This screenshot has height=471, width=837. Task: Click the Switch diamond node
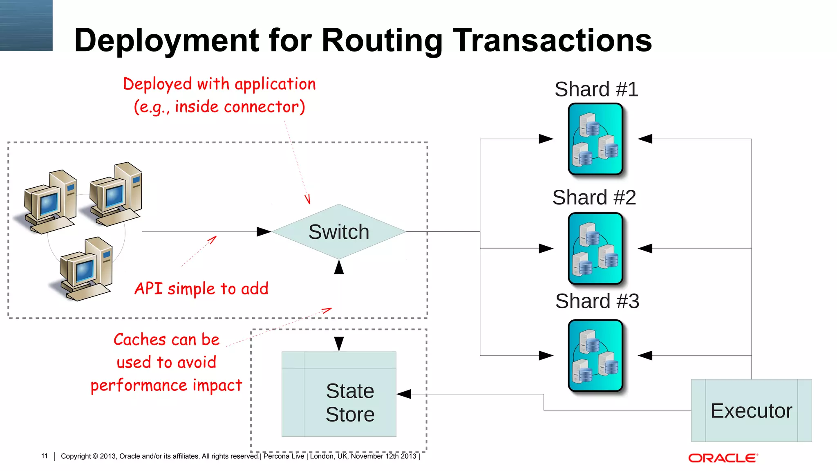pos(339,232)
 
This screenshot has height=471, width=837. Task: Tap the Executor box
pos(751,410)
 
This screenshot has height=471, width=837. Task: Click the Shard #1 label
pos(596,89)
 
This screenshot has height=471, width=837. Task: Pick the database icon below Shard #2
pos(595,249)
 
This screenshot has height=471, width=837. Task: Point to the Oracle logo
pos(723,458)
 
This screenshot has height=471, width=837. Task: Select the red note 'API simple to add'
pos(201,289)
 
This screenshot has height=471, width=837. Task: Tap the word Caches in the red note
pos(139,340)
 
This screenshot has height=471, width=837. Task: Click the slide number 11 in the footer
pos(45,456)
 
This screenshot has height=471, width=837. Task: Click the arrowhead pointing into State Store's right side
pos(404,394)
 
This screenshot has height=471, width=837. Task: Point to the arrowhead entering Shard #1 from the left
pos(546,139)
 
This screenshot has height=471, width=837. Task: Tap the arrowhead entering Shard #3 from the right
pos(645,356)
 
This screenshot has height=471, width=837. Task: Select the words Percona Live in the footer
pos(284,456)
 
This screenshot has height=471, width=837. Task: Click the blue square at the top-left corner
pos(26,25)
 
